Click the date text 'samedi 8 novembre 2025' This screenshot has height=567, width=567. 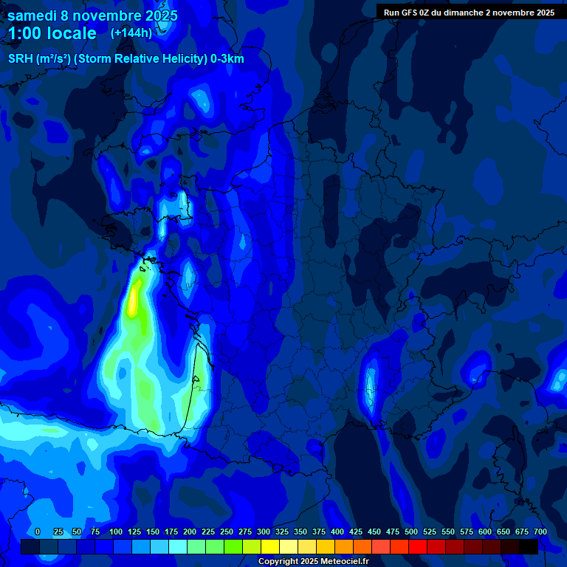coord(92,16)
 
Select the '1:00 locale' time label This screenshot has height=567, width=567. coord(52,33)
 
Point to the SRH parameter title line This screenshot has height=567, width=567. coord(126,59)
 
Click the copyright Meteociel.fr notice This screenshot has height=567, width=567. coord(313,562)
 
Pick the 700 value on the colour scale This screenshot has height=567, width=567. coord(540,532)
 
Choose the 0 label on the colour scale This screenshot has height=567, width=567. coord(38,532)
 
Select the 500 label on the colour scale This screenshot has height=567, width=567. coord(410,532)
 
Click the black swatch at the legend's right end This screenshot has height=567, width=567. coord(529,547)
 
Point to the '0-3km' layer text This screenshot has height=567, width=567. coord(227,59)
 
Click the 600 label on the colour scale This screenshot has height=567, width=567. coord(484,532)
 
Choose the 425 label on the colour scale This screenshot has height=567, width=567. coord(355,532)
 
